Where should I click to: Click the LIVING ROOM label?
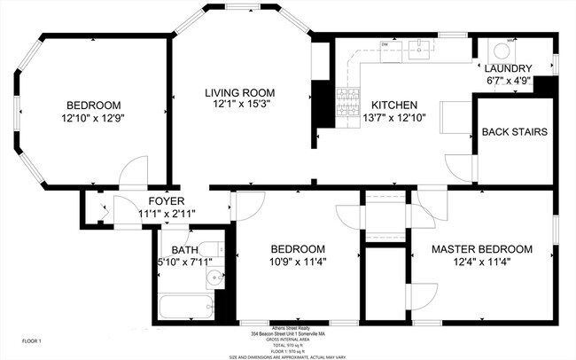(239, 93)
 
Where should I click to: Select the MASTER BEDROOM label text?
(481, 249)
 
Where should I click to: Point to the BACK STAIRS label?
(514, 132)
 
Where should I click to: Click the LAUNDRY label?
(508, 68)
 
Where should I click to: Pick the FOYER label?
(166, 200)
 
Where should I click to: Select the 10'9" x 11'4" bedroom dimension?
(297, 262)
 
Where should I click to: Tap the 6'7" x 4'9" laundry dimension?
(508, 81)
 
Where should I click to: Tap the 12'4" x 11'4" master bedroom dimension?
(481, 262)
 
